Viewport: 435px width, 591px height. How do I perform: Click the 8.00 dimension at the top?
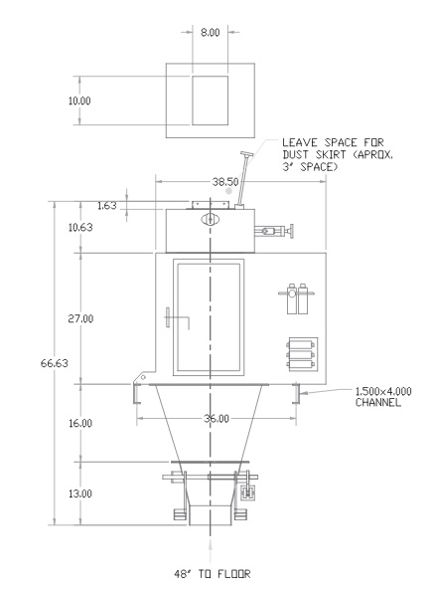[210, 33]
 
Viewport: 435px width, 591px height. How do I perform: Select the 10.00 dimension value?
[79, 100]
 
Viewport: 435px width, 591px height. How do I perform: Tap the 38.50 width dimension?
[225, 182]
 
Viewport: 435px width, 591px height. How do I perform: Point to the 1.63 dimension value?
[107, 206]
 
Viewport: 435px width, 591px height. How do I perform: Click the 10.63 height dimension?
[80, 227]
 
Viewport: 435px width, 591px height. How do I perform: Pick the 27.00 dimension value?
[80, 318]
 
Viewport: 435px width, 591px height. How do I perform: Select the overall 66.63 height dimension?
[55, 363]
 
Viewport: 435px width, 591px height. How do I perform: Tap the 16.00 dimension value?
[80, 423]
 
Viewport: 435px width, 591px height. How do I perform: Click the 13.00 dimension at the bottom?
[80, 493]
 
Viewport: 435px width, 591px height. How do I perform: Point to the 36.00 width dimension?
[217, 419]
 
